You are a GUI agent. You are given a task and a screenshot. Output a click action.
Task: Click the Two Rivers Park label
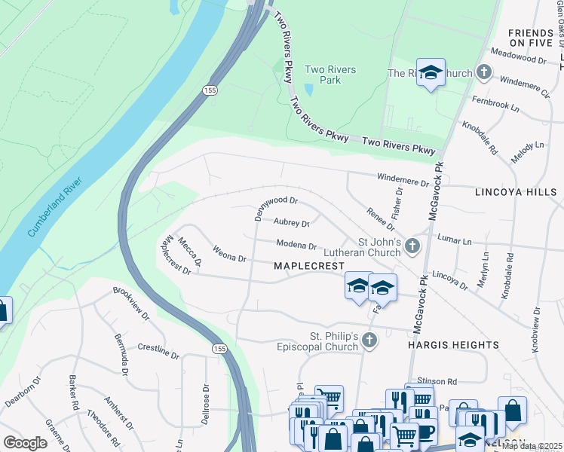[330, 75]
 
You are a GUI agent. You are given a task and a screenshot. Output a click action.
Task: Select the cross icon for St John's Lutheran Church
[412, 246]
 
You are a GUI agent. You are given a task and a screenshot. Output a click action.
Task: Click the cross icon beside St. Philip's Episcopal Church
[369, 341]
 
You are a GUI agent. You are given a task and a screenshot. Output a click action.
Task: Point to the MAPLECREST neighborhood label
[308, 267]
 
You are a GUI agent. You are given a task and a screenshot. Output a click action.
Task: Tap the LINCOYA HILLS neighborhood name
[515, 193]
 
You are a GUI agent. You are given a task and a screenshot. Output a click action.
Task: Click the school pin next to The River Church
[431, 72]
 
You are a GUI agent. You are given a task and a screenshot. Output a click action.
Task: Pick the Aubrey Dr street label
[292, 224]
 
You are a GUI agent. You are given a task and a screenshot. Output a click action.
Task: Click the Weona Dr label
[230, 253]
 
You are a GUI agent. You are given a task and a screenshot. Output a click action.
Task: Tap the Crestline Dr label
[158, 351]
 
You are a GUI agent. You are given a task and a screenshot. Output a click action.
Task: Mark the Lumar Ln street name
[454, 241]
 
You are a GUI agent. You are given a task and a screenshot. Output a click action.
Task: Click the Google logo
[25, 443]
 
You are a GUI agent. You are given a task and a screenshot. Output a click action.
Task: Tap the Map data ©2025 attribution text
[531, 446]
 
